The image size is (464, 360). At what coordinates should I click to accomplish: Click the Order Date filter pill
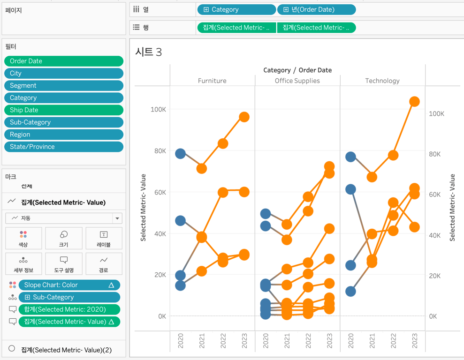(x=64, y=61)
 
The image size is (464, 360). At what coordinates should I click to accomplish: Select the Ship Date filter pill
(x=64, y=110)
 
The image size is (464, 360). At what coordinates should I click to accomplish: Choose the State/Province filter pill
(x=64, y=147)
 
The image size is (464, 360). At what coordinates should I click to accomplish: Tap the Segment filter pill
(x=64, y=86)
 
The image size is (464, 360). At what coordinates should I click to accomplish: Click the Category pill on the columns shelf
(x=236, y=9)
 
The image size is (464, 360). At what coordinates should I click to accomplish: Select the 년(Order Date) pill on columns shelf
(x=316, y=9)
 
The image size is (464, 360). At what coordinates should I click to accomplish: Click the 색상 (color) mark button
(x=23, y=238)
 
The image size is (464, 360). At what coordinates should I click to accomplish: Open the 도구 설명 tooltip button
(x=64, y=263)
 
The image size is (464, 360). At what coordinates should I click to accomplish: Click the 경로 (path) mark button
(x=104, y=263)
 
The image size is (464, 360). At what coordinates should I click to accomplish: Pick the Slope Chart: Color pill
(x=69, y=285)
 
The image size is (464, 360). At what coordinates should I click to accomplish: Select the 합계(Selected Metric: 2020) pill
(x=69, y=309)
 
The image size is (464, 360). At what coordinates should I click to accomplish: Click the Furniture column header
(x=212, y=81)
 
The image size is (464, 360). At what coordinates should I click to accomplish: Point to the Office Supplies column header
(x=297, y=81)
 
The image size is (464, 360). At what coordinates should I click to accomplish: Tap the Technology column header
(x=382, y=81)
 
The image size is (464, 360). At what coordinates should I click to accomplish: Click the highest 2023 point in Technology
(x=414, y=102)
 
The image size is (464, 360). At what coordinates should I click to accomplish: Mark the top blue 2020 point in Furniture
(x=180, y=153)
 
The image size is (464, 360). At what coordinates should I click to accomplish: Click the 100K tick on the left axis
(x=158, y=109)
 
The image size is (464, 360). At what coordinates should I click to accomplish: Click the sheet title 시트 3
(x=148, y=52)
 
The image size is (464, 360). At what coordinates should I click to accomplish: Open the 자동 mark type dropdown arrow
(x=117, y=218)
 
